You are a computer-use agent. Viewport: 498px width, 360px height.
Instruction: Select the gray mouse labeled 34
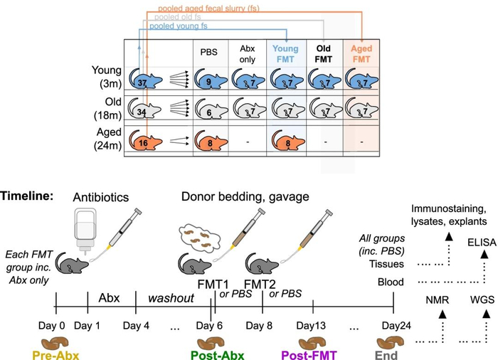click(x=142, y=111)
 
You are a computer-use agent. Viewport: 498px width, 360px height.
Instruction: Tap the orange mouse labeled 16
click(x=142, y=140)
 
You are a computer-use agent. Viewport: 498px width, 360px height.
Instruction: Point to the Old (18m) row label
click(x=107, y=110)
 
